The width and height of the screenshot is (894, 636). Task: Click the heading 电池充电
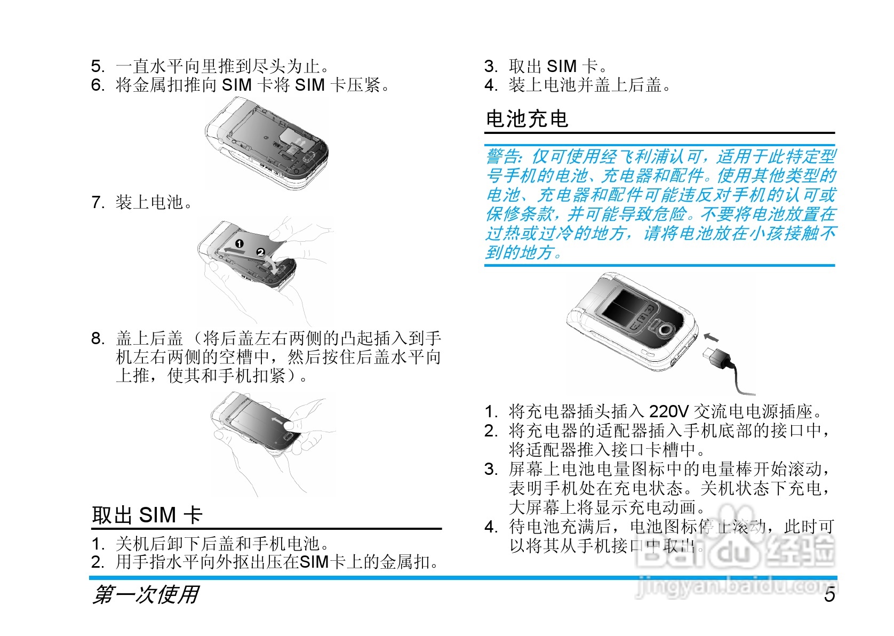[x=527, y=119]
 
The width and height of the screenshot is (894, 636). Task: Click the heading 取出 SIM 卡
[x=147, y=515]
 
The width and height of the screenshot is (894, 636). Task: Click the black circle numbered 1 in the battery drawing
[x=240, y=243]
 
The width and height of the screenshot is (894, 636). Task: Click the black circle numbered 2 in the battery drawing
[x=261, y=252]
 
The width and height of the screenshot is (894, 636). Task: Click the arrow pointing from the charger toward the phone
[x=711, y=337]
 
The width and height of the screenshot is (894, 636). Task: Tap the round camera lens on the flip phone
[x=664, y=330]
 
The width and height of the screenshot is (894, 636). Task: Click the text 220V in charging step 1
[x=669, y=411]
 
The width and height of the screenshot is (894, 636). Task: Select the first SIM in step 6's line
[x=236, y=85]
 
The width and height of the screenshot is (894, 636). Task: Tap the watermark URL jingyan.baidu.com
[x=736, y=587]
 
